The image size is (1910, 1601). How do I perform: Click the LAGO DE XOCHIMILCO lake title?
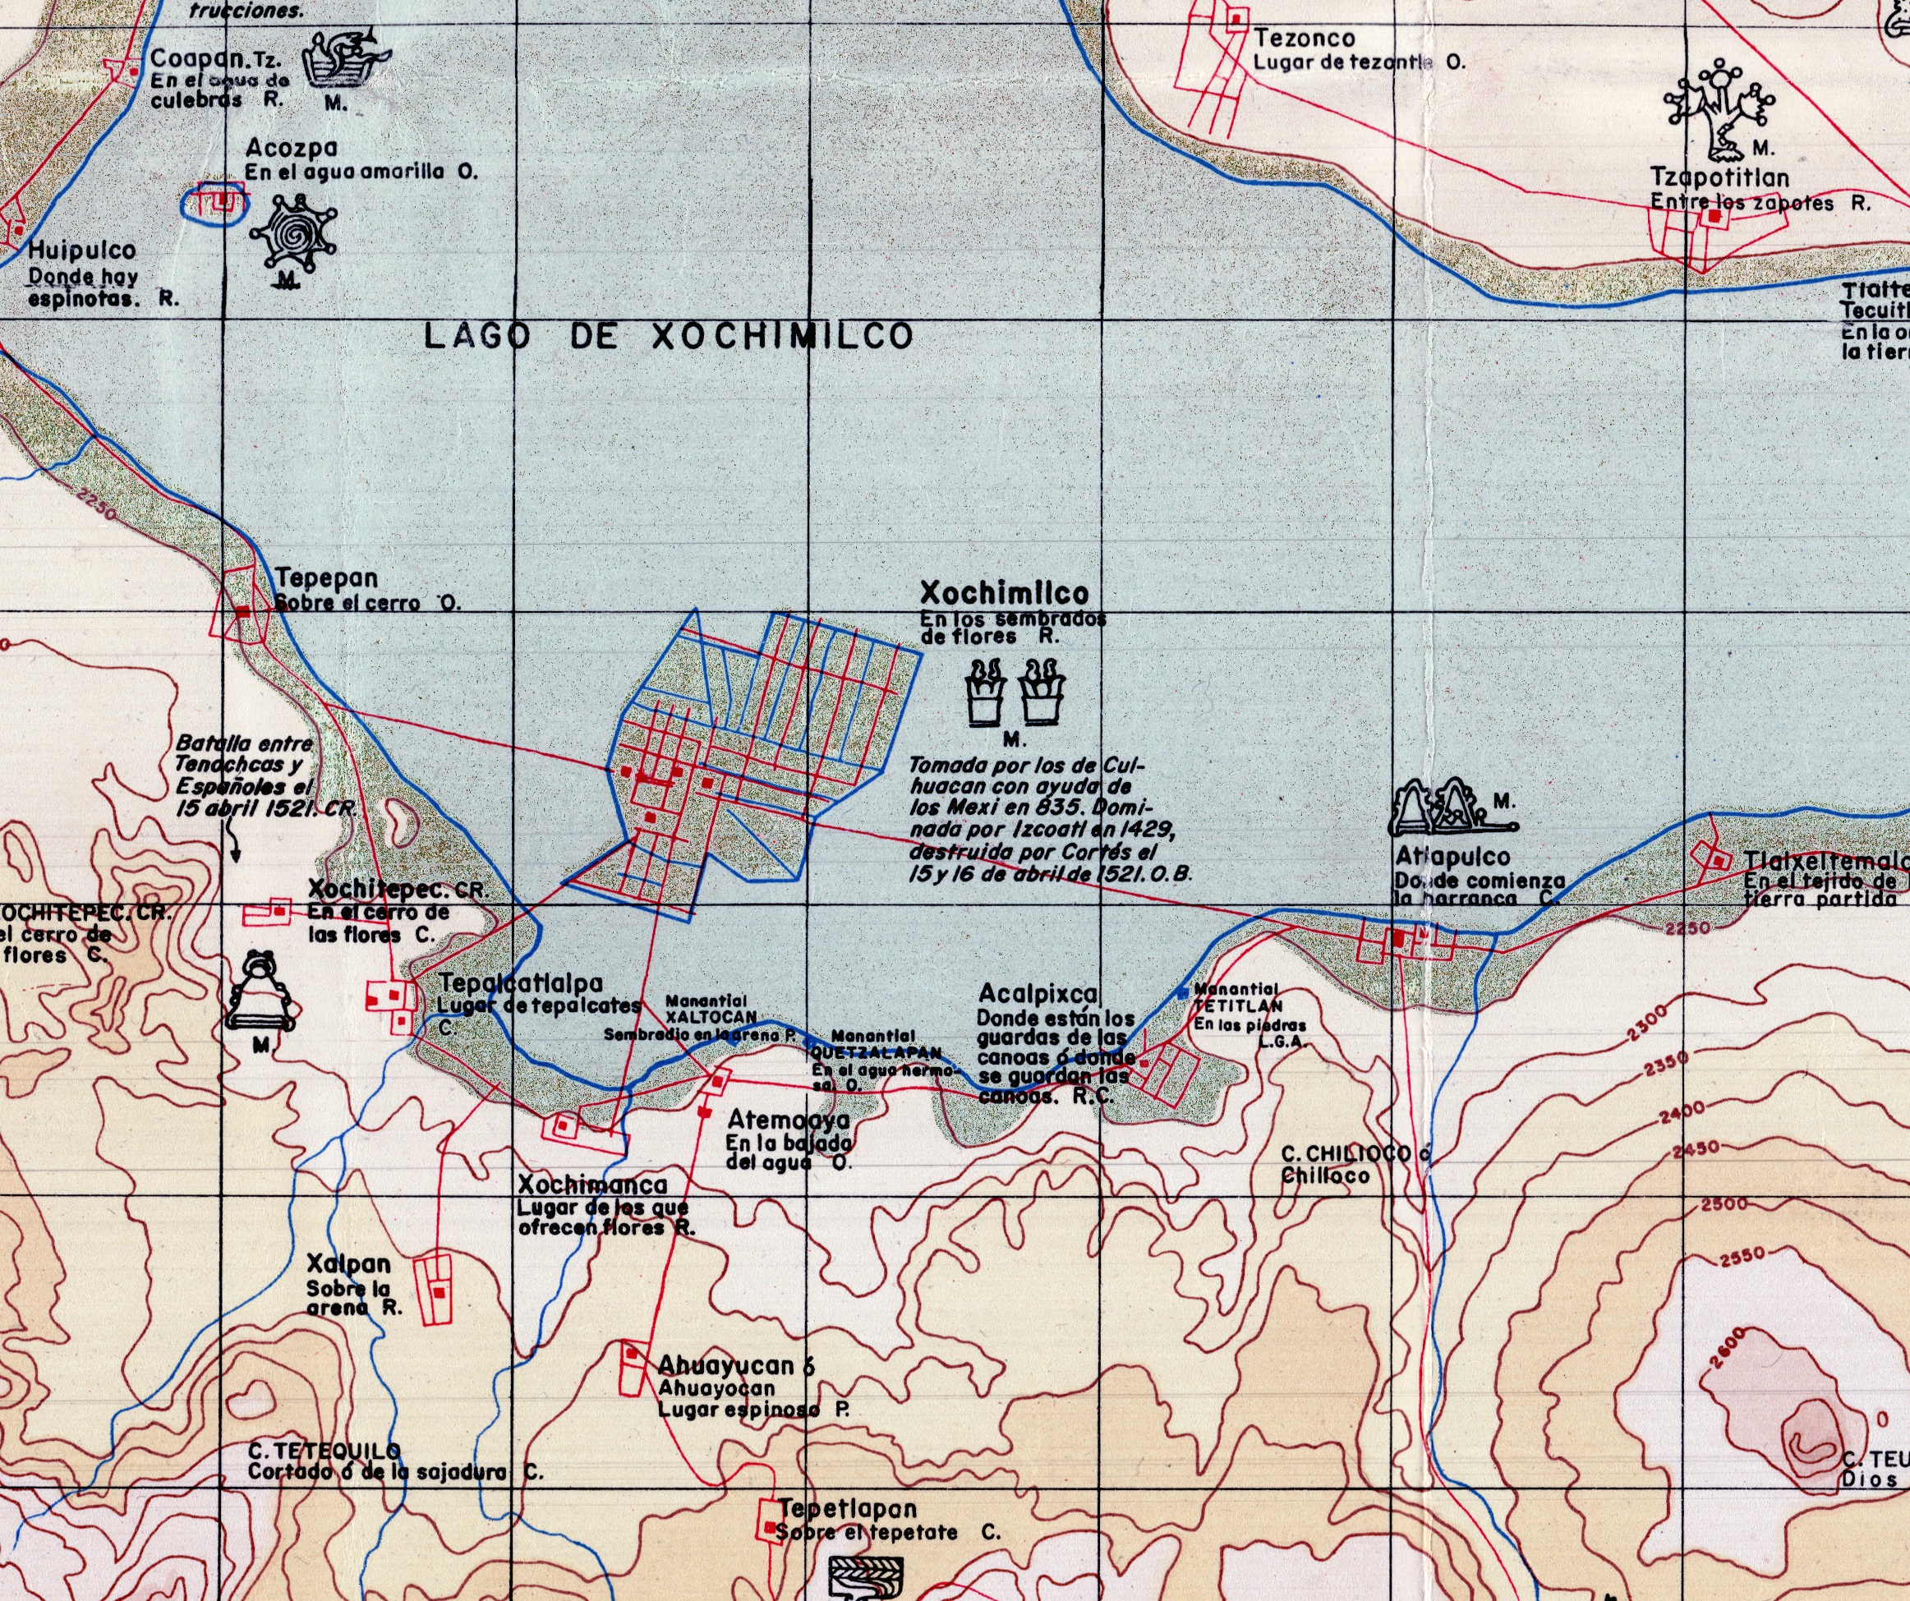tap(669, 337)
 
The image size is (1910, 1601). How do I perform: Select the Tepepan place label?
tap(326, 577)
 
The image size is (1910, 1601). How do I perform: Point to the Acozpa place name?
tap(291, 147)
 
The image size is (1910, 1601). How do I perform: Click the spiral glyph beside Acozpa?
tap(292, 235)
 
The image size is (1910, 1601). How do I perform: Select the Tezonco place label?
tap(1305, 39)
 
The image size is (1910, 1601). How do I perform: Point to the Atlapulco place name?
tap(1452, 856)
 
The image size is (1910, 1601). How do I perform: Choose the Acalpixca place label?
tap(1038, 993)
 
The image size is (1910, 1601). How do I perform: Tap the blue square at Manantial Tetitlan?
tap(1182, 992)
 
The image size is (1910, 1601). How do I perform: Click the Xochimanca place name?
tap(592, 1185)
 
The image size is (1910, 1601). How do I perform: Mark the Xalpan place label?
tap(348, 1263)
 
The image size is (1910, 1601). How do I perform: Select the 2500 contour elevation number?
tap(1724, 1204)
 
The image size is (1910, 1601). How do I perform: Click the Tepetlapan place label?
tap(848, 1508)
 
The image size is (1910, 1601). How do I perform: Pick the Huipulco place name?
tap(82, 251)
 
